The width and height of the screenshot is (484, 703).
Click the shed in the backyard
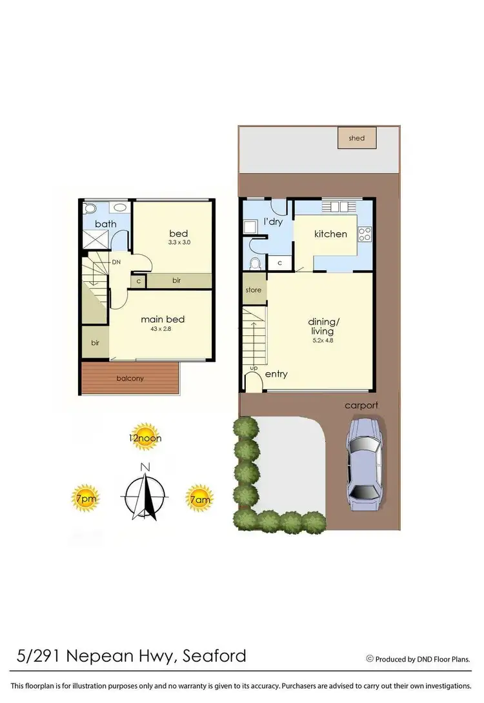pos(357,138)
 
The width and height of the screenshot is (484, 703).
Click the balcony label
pos(130,378)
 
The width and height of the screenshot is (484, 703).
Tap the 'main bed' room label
pos(163,319)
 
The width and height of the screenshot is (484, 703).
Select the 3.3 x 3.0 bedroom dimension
pos(180,243)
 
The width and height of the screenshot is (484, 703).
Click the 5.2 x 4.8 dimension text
pos(322,340)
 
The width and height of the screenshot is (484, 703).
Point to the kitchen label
pos(330,234)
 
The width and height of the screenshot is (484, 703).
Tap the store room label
pos(254,290)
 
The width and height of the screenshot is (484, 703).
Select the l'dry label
pos(274,223)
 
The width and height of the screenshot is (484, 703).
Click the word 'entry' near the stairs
pos(276,374)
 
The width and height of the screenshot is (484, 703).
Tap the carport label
pos(361,406)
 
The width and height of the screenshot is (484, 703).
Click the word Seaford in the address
pos(214,657)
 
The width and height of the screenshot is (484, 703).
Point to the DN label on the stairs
pos(116,262)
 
